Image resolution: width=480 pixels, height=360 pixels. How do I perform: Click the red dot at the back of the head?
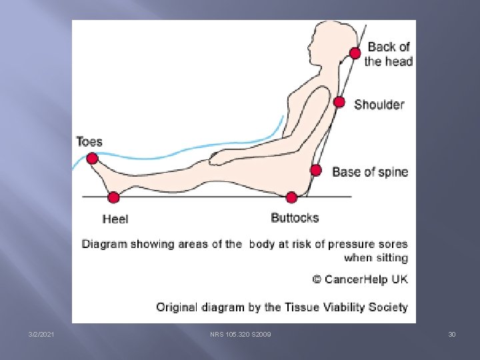point(355,53)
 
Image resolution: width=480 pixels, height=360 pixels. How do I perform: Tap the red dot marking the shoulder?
point(339,102)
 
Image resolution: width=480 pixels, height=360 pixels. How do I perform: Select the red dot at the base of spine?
point(315,170)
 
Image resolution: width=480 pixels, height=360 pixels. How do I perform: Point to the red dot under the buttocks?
point(291,197)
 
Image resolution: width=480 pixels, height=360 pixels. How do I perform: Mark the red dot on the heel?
point(113,197)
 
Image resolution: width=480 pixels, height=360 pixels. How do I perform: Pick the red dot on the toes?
point(92,159)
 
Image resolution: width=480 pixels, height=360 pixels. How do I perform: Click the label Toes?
point(89,141)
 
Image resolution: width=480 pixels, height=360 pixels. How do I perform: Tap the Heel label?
point(115,219)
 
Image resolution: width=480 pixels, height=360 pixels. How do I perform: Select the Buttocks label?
point(295,217)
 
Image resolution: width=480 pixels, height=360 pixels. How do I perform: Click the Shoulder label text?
point(379,105)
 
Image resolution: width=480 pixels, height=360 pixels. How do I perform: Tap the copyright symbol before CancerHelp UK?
point(317,279)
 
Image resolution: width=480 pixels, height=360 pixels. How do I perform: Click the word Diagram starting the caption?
point(105,244)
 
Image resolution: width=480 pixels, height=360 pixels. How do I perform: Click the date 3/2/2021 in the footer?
point(41,334)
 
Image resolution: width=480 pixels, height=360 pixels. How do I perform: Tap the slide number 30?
point(452,334)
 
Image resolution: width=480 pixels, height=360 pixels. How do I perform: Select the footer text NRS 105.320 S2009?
point(240,334)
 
